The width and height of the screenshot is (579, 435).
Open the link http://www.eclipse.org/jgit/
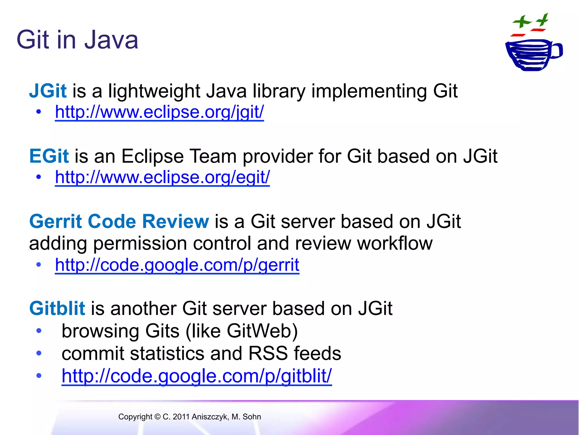click(x=159, y=112)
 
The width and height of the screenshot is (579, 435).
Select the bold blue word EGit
click(x=49, y=156)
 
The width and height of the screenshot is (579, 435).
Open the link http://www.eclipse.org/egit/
click(x=162, y=177)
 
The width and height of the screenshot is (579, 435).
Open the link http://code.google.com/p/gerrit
click(x=177, y=265)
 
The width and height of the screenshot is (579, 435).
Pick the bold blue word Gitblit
click(x=57, y=308)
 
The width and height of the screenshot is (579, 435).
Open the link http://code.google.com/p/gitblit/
click(x=196, y=376)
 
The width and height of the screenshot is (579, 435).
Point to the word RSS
click(x=268, y=353)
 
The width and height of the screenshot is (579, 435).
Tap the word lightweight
click(x=154, y=91)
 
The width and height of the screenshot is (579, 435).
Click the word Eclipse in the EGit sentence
click(x=152, y=156)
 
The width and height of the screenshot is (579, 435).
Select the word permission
click(x=140, y=244)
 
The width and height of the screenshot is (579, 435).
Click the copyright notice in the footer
click(x=189, y=417)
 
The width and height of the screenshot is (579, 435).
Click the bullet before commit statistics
click(x=39, y=353)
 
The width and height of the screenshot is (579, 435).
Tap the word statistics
click(x=167, y=353)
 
